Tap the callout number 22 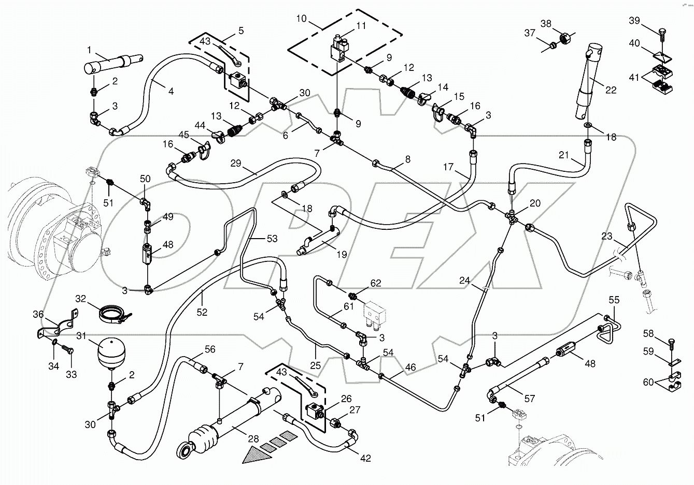(611, 90)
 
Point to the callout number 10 (302, 19)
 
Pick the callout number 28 (253, 439)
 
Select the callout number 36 (38, 314)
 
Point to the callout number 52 (202, 312)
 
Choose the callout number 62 (376, 283)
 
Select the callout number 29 (236, 163)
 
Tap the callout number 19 (327, 255)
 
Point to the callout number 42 (365, 459)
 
